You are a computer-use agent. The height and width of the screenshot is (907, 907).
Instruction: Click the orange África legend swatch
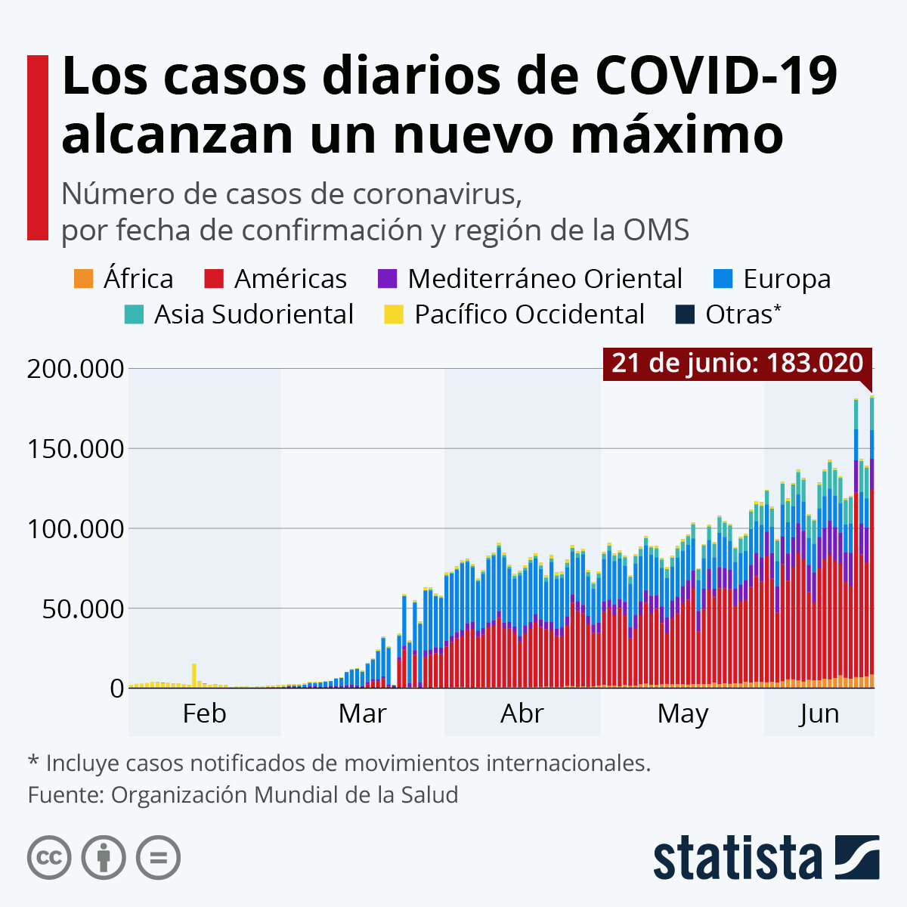pos(83,279)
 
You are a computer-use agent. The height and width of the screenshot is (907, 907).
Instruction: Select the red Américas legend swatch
pos(214,279)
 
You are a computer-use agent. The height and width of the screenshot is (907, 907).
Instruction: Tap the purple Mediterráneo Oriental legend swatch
pos(387,279)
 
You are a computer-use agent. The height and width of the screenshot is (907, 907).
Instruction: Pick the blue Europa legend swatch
pos(723,279)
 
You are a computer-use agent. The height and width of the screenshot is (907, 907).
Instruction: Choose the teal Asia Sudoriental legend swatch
pos(133,314)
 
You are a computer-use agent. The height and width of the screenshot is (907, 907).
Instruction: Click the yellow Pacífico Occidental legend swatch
pos(394,314)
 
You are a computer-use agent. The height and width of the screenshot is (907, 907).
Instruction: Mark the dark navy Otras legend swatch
pos(684,314)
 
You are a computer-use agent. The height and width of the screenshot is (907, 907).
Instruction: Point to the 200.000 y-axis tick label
pos(75,370)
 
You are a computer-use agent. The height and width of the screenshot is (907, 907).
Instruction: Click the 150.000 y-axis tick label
pos(75,449)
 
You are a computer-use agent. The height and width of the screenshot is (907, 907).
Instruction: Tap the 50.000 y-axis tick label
pos(82,608)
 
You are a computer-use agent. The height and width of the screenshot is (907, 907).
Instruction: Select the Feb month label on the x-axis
pos(204,714)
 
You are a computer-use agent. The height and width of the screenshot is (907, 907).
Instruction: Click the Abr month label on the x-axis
pos(522,714)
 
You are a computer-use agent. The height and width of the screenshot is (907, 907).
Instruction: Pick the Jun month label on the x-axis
pos(819,714)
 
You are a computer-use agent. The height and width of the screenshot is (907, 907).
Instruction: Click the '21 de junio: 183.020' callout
pos(737,364)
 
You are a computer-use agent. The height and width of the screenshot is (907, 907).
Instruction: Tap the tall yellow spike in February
pos(194,674)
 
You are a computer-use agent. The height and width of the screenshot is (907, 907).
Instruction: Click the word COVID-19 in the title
pos(717,77)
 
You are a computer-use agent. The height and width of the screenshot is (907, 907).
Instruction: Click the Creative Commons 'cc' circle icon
pos(49,858)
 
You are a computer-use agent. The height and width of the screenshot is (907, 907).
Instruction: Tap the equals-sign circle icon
pos(158,858)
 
